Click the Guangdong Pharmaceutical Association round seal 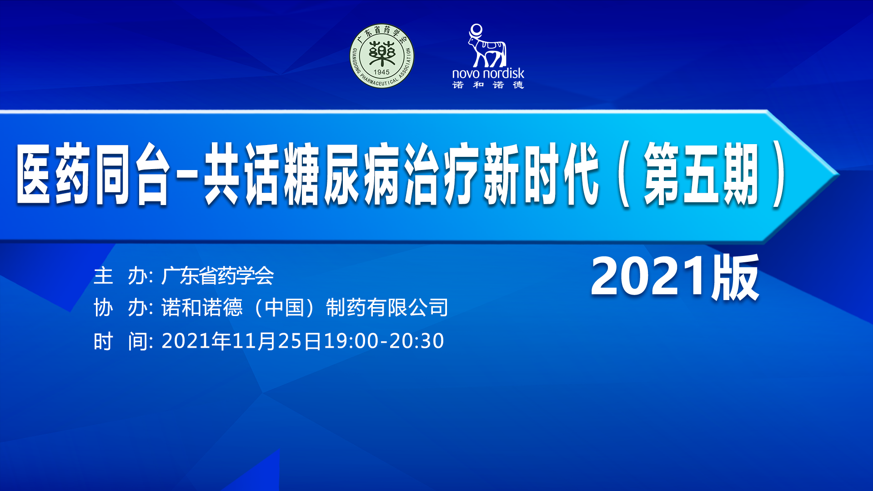[382, 56]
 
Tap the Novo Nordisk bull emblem [487, 45]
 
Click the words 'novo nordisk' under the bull [488, 73]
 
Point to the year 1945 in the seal [381, 72]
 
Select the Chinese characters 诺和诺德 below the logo [488, 85]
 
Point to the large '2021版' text [675, 277]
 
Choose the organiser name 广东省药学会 [217, 276]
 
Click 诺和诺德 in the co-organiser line [202, 308]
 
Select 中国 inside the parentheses [284, 308]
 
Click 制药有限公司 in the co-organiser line [387, 308]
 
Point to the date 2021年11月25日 [241, 341]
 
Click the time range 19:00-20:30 [384, 341]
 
